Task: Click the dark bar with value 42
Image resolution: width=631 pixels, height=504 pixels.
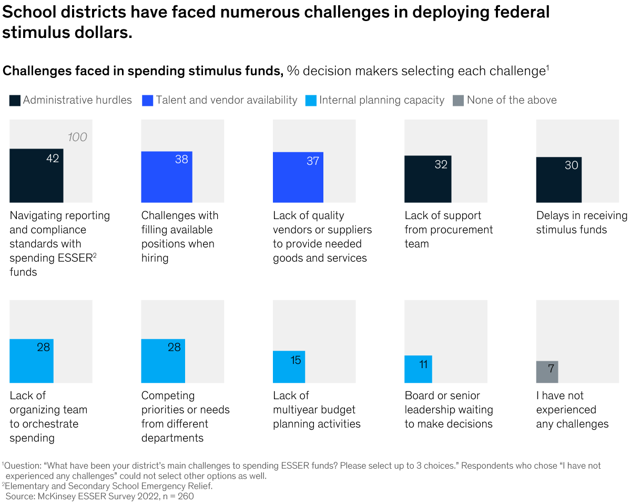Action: (x=36, y=175)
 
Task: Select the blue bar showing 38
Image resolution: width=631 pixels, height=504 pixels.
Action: (x=167, y=177)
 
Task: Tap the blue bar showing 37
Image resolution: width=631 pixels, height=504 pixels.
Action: (x=298, y=177)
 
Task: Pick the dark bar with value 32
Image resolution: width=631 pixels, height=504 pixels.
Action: (x=428, y=179)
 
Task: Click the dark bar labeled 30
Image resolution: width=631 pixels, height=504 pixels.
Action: (x=558, y=180)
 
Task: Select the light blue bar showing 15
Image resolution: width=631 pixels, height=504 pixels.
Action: (x=289, y=367)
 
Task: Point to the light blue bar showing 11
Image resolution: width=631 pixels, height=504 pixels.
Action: (x=418, y=369)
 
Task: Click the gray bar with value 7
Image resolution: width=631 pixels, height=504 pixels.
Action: (x=547, y=372)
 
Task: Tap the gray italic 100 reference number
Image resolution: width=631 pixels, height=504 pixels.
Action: (x=77, y=137)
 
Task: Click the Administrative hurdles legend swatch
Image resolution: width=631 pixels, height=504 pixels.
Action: (x=15, y=101)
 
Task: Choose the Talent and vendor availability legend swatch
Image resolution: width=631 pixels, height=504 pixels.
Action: (x=147, y=101)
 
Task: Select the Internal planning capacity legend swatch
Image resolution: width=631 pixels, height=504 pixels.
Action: (x=311, y=101)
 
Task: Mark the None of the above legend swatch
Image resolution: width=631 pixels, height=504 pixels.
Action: (x=458, y=101)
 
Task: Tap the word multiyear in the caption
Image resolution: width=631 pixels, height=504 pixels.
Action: (x=296, y=410)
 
